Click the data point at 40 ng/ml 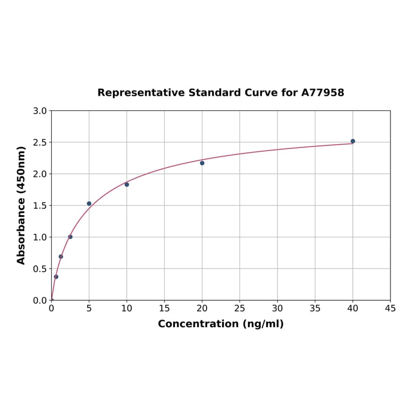pos(353,141)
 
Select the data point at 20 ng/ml pos(202,163)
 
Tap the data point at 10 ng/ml pos(127,185)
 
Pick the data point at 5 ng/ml pos(89,203)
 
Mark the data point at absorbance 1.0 pos(70,237)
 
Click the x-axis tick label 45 pos(391,308)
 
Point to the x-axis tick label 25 pos(240,308)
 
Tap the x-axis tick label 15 pos(165,308)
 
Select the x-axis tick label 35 pos(315,308)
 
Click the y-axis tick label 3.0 pos(40,111)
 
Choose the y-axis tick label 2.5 pos(40,143)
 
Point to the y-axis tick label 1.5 pos(40,205)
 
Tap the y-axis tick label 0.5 pos(40,269)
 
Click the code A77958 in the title pos(323,93)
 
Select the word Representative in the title pos(141,93)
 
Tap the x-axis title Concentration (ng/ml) pos(221,324)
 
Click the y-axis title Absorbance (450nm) pos(22,205)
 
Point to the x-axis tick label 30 pos(278,308)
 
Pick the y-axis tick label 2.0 pos(40,174)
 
